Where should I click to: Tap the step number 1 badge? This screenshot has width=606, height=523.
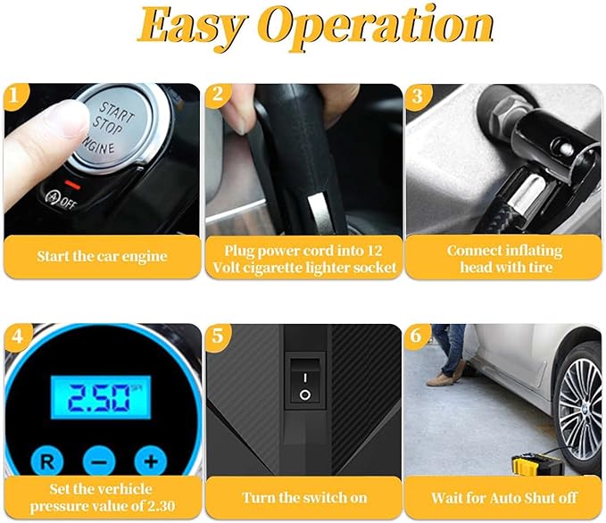point(14,95)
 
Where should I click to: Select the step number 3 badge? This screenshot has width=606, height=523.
point(418,96)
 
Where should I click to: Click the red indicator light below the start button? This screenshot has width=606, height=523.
point(72,185)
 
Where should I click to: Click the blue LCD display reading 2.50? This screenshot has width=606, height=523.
point(101,397)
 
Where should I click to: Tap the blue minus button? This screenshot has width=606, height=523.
point(99,461)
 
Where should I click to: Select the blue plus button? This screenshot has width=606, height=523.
point(151,461)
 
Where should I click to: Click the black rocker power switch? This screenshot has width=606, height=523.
point(305,382)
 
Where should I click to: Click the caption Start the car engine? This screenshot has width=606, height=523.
point(103,256)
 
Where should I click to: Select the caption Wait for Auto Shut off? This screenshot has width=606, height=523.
point(504,497)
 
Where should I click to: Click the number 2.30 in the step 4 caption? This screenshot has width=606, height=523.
point(159,506)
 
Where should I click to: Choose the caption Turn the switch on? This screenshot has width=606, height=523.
point(304,497)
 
